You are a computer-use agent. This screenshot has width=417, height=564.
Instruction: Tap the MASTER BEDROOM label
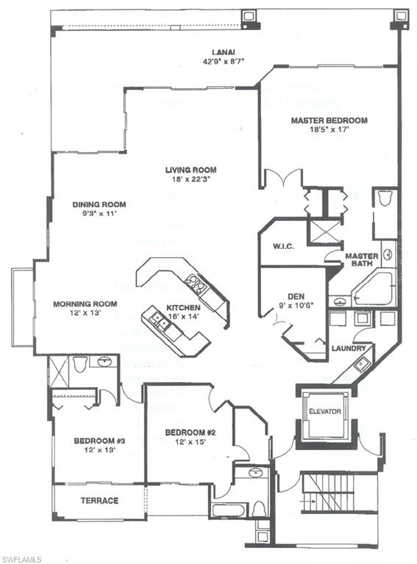click(x=329, y=120)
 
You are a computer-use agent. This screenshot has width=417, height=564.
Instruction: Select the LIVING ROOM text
click(x=190, y=169)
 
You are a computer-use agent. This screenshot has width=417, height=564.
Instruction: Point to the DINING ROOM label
click(x=99, y=204)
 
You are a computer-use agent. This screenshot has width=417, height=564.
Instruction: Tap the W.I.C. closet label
click(x=283, y=246)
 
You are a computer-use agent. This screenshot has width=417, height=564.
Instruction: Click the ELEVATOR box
click(x=324, y=411)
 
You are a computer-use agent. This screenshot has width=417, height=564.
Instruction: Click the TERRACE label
click(x=99, y=501)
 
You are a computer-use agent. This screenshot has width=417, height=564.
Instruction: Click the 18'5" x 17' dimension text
click(x=328, y=130)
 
